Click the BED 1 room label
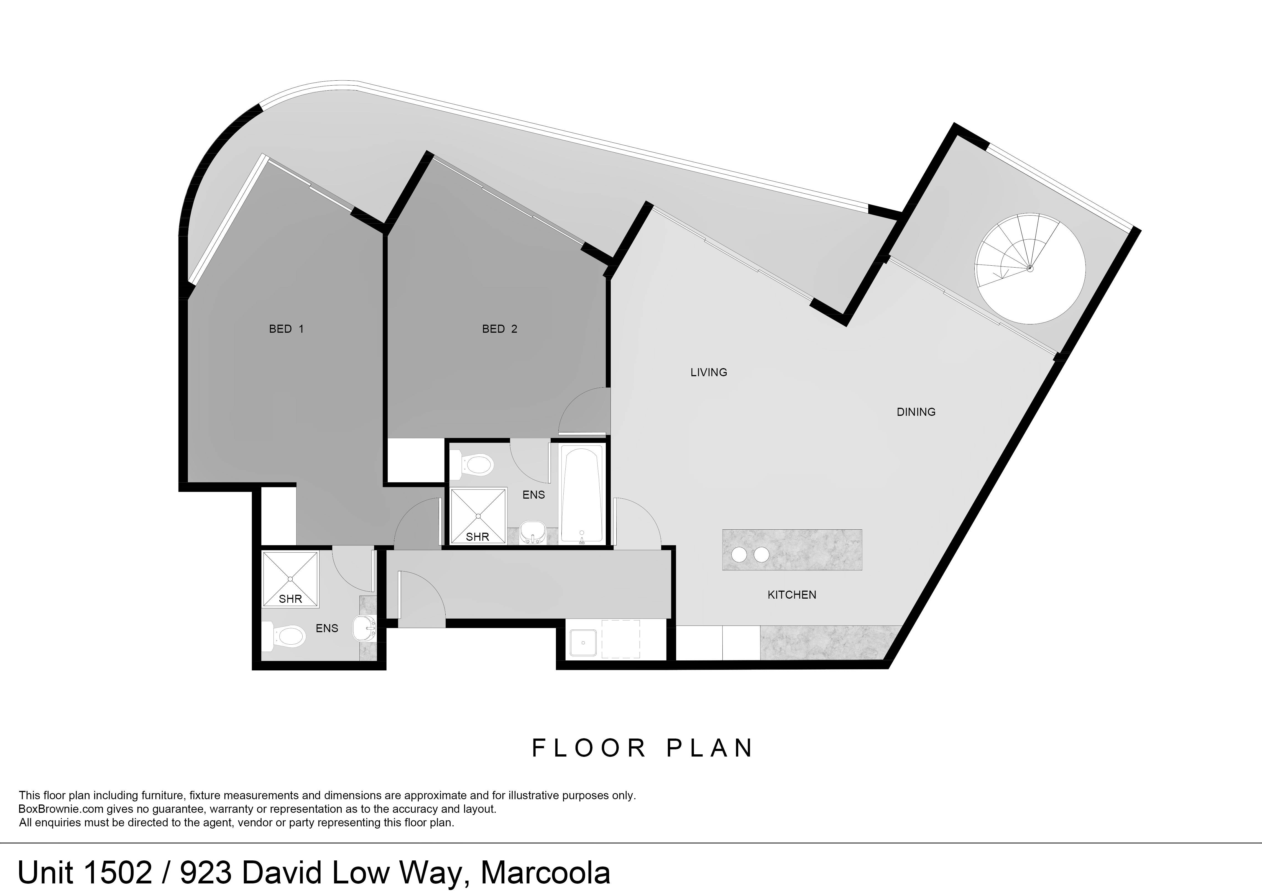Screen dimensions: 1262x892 pyautogui.click(x=286, y=329)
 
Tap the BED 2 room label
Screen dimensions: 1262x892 pyautogui.click(x=500, y=329)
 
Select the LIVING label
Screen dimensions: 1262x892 pyautogui.click(x=709, y=373)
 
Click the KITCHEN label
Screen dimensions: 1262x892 pyautogui.click(x=791, y=595)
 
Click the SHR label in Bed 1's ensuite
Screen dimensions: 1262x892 pyautogui.click(x=290, y=599)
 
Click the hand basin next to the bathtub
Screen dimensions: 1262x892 pyautogui.click(x=532, y=532)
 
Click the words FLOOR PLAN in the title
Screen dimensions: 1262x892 pyautogui.click(x=643, y=748)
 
